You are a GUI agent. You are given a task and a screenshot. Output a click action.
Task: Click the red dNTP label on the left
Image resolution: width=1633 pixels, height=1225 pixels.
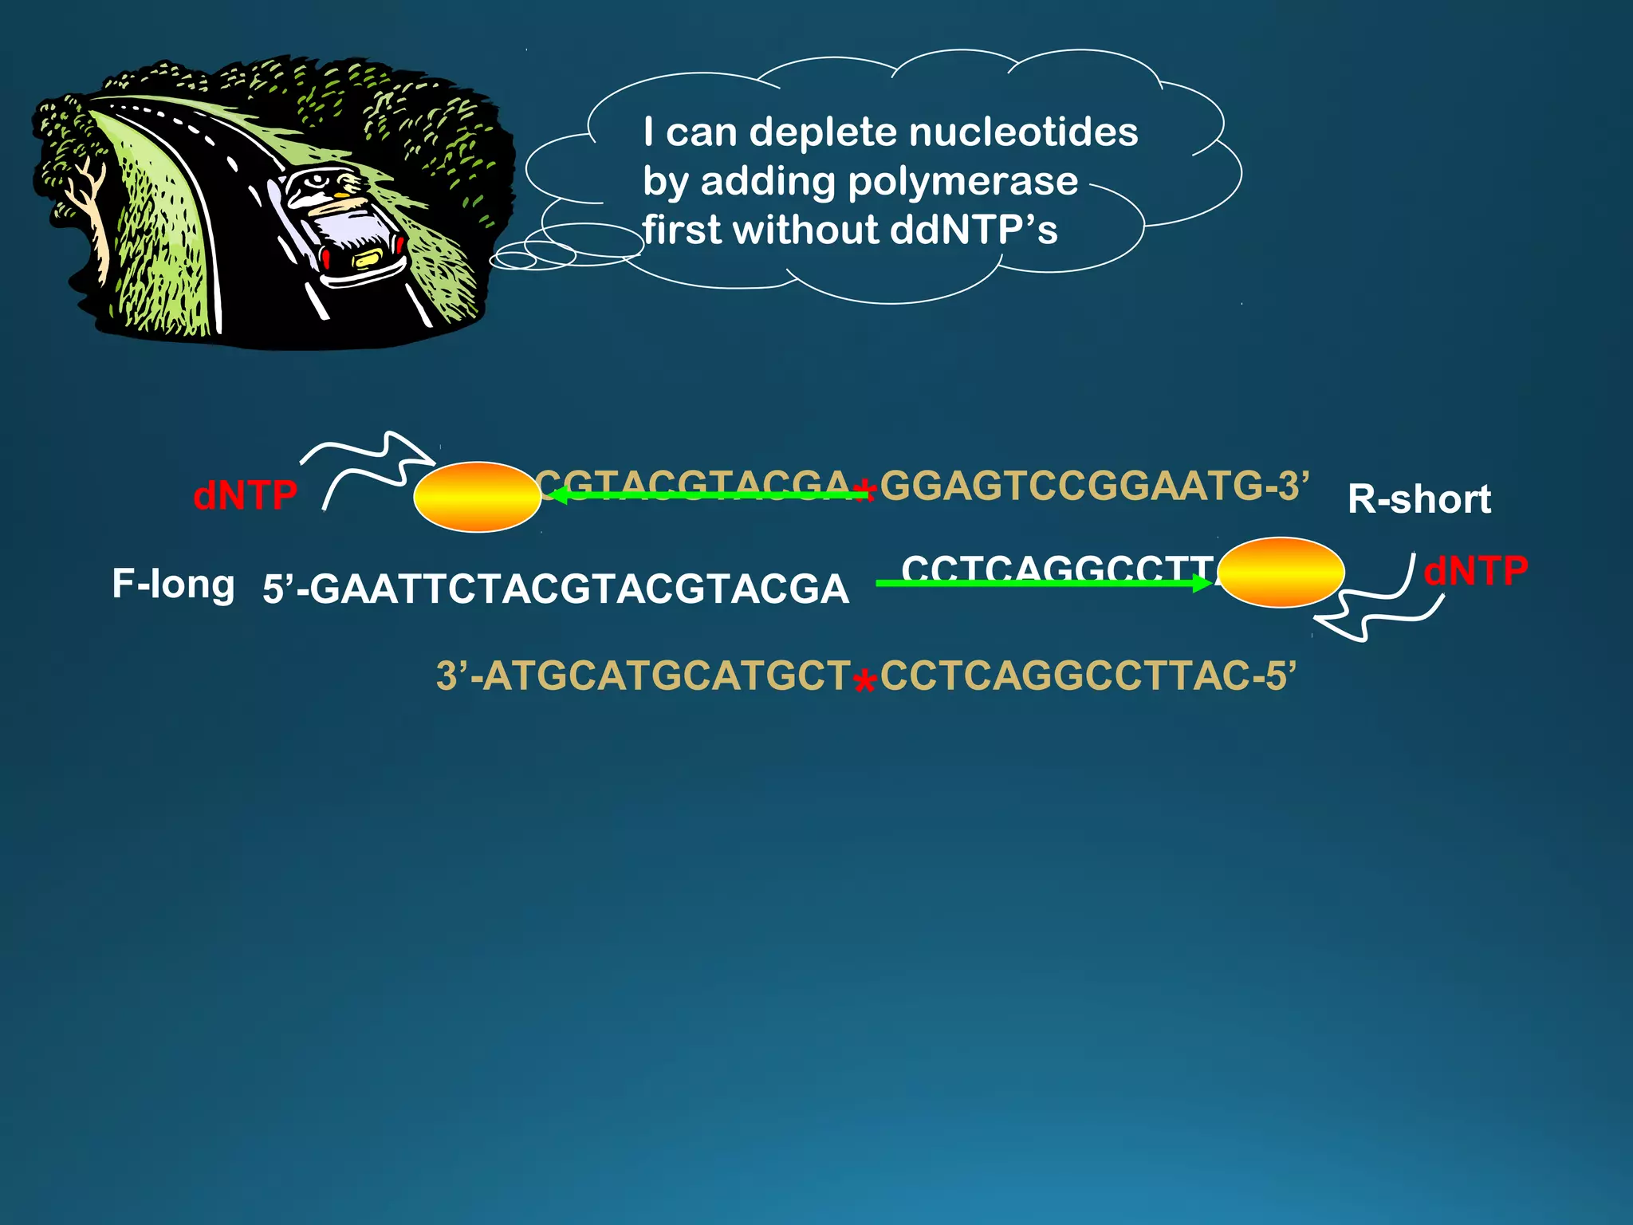pyautogui.click(x=245, y=495)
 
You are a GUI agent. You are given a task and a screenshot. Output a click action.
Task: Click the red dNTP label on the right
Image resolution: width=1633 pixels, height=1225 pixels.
pyautogui.click(x=1475, y=571)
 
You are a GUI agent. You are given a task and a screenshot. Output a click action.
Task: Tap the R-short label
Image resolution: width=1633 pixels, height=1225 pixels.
pyautogui.click(x=1419, y=499)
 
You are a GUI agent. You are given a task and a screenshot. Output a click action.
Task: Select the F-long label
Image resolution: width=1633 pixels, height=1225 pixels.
pyautogui.click(x=173, y=584)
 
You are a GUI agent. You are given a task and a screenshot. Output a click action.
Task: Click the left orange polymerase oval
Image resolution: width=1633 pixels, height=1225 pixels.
pyautogui.click(x=478, y=496)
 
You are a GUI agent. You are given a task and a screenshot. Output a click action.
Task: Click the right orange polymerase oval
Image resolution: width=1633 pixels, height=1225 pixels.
pyautogui.click(x=1281, y=572)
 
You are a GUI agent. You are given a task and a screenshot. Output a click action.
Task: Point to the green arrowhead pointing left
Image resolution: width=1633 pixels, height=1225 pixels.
pyautogui.click(x=559, y=495)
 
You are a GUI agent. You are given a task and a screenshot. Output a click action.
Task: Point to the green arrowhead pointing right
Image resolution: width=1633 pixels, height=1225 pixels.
pyautogui.click(x=1202, y=583)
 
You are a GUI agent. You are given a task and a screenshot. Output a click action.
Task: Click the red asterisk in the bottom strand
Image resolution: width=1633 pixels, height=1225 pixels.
pyautogui.click(x=864, y=683)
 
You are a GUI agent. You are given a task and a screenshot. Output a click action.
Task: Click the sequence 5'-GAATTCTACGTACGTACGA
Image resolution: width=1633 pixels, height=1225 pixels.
pyautogui.click(x=556, y=589)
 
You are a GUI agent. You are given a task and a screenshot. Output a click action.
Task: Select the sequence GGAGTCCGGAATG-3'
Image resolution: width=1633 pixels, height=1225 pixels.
pyautogui.click(x=1094, y=485)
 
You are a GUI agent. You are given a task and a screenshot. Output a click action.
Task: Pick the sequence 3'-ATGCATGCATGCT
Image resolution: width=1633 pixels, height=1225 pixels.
pyautogui.click(x=643, y=676)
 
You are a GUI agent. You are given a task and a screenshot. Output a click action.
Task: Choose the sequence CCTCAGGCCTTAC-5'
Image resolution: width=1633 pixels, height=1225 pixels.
pyautogui.click(x=1088, y=676)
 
